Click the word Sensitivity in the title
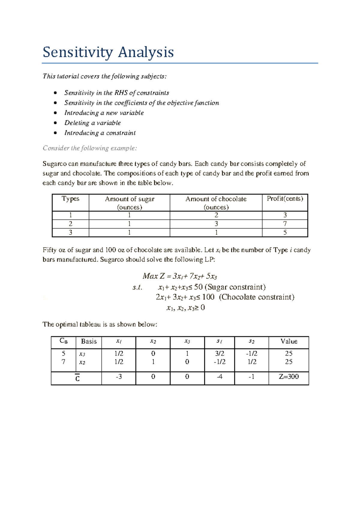pos(78,53)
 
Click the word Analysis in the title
pos(145,53)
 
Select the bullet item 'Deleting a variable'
pos(92,123)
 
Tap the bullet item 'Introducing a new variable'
pos(104,113)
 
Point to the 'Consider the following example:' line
pos(90,148)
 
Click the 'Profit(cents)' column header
pos(285,199)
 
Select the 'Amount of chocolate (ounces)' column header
pos(216,203)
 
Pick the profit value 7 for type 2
pos(285,224)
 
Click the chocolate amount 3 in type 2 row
pos(216,224)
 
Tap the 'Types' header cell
pos(70,199)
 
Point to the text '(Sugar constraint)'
pos(235,287)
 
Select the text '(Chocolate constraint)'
pos(257,297)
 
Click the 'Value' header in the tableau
pos(289,341)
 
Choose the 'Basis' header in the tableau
pos(89,341)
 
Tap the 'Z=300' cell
pos(289,377)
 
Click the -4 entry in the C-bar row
pos(220,377)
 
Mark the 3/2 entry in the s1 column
pos(220,354)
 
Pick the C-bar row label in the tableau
pos(77,378)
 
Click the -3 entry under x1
pos(119,377)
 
